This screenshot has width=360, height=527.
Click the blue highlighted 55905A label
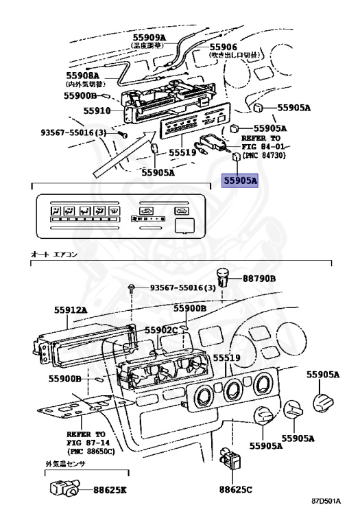pyautogui.click(x=239, y=181)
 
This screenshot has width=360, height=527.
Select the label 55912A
pyautogui.click(x=71, y=309)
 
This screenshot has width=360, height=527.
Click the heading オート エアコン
pyautogui.click(x=56, y=255)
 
